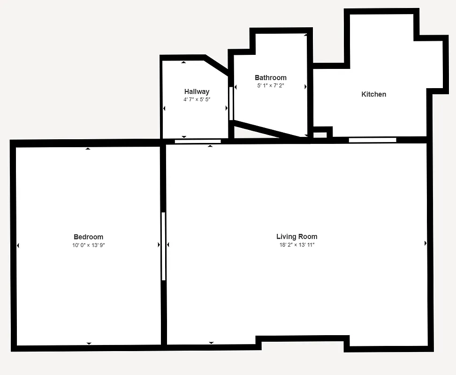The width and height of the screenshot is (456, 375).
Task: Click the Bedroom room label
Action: tap(88, 237)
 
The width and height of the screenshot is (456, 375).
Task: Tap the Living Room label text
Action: tap(296, 236)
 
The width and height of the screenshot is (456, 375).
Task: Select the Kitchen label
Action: tap(373, 94)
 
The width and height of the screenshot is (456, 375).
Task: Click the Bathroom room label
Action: tap(270, 77)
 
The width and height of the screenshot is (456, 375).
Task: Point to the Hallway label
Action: tap(197, 91)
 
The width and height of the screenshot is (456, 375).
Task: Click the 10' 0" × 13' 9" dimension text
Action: tap(88, 245)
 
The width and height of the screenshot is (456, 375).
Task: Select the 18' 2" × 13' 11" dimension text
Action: tap(296, 245)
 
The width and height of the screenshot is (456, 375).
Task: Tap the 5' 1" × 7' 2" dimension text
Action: tap(270, 86)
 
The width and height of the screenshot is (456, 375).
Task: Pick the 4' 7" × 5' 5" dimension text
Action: tap(197, 99)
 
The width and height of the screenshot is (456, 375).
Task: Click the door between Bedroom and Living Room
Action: tap(163, 246)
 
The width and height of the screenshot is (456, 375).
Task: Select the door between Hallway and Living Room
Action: tap(198, 141)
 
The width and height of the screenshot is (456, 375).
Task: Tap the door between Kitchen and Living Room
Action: tap(372, 140)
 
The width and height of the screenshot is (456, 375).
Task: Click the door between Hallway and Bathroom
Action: tap(231, 103)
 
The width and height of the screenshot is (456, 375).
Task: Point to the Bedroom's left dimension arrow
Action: tap(18, 245)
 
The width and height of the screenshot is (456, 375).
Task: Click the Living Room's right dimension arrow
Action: tap(426, 243)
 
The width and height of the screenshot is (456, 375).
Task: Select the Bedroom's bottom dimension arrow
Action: tap(89, 344)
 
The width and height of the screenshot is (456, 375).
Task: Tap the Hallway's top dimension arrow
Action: tap(183, 62)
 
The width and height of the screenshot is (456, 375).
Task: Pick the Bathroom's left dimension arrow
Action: tap(236, 87)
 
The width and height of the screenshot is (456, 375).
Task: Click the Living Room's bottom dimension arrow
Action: tap(211, 343)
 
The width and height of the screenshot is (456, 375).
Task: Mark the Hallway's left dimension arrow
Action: tap(164, 108)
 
